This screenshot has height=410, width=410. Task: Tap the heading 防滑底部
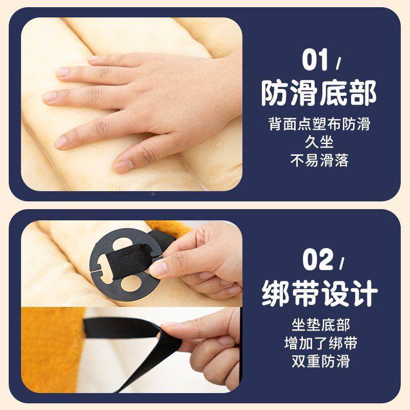(319, 93)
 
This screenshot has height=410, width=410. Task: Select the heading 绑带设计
(319, 293)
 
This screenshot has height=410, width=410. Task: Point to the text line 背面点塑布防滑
(319, 125)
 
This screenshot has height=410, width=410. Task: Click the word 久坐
(319, 142)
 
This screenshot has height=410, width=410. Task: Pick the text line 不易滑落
(319, 160)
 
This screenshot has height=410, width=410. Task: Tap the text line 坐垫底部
(320, 325)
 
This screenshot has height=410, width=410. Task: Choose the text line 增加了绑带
(320, 343)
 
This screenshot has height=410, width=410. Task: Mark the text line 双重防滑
(320, 361)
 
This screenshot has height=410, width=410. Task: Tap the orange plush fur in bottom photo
(49, 348)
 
